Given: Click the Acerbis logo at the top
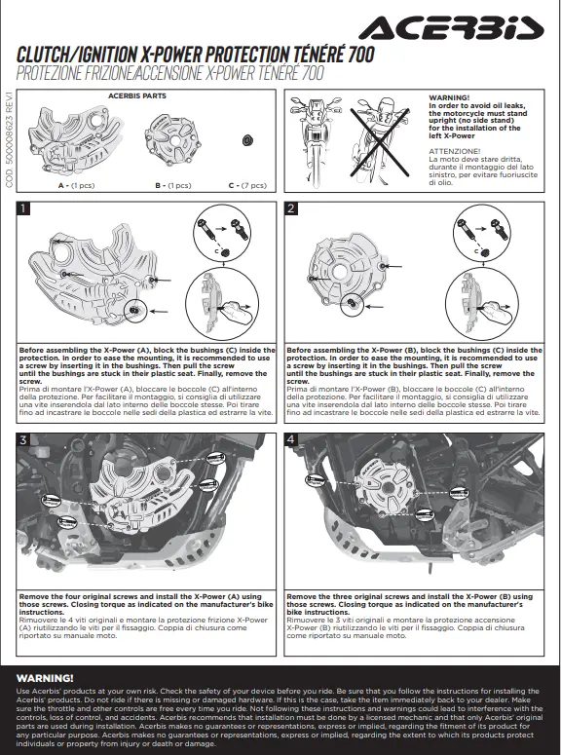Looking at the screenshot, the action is (451, 28).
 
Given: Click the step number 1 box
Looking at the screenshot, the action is (23, 208).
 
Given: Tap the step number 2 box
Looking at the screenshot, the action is (291, 208).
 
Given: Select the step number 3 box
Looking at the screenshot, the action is (23, 439).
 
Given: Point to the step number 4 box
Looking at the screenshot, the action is (291, 439).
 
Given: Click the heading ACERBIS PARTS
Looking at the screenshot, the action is (137, 95).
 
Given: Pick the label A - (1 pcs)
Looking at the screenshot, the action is (77, 185).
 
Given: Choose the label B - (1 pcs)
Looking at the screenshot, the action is (173, 185).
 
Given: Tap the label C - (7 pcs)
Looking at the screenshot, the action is (247, 185).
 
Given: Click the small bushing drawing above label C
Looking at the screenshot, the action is (247, 140).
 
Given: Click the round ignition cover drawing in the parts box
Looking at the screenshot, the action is (172, 139).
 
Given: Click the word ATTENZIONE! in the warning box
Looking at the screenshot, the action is (454, 151).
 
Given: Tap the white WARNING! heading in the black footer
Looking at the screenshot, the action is (45, 678).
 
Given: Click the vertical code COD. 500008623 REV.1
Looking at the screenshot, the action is (9, 139).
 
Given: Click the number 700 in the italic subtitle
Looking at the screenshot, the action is (313, 73).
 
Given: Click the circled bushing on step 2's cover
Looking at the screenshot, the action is (352, 303).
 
